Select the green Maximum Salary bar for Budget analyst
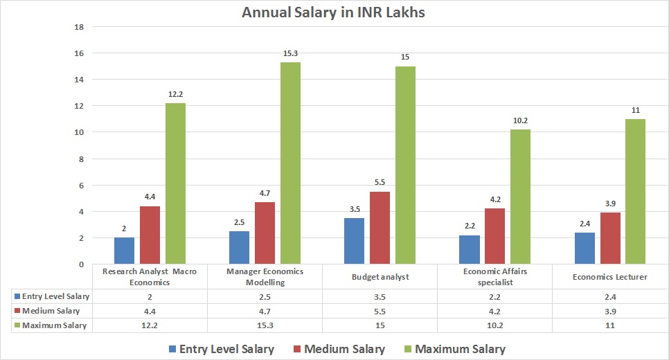pos(404,165)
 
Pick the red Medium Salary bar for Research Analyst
pos(150,235)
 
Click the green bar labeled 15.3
pos(289,163)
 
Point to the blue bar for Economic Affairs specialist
pos(469,250)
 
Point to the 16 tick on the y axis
pos(78,53)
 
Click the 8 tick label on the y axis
pos(80,159)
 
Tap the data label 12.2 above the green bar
pos(175,94)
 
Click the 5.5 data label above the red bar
pos(380,183)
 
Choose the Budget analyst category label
pos(380,277)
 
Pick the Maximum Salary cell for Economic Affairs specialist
pos(494,325)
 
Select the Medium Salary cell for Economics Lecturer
pos(609,311)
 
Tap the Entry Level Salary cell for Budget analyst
pos(380,296)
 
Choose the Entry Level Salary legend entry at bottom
pos(220,349)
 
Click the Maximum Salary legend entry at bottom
pos(458,349)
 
